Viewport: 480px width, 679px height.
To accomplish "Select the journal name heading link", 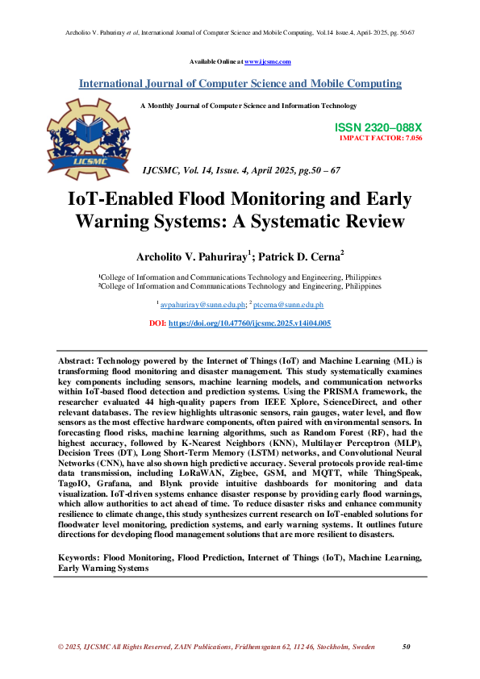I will [x=240, y=84].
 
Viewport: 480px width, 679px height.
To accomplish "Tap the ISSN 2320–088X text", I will [x=378, y=128].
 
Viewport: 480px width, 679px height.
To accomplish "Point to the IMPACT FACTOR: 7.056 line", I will [x=381, y=138].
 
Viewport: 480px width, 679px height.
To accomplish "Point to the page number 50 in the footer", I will [x=407, y=647].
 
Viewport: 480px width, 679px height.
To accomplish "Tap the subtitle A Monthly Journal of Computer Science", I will [x=248, y=106].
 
